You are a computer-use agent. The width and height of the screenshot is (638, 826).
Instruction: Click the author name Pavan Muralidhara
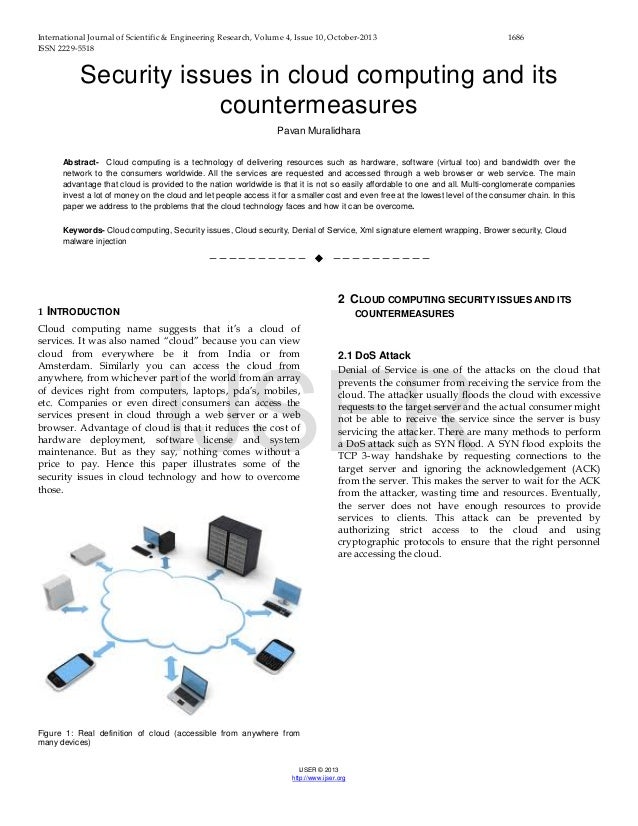319,129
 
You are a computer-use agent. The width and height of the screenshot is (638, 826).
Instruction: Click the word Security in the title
134,76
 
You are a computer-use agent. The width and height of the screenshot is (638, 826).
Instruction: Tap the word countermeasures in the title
319,105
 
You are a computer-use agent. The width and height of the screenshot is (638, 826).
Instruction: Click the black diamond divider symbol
318,261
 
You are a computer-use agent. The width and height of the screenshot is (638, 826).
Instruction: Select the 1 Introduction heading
79,313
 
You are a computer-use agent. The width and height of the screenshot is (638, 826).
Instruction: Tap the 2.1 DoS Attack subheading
375,354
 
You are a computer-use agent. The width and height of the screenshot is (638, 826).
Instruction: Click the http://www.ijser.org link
318,777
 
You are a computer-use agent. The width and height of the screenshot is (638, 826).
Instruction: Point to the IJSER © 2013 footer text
318,768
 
